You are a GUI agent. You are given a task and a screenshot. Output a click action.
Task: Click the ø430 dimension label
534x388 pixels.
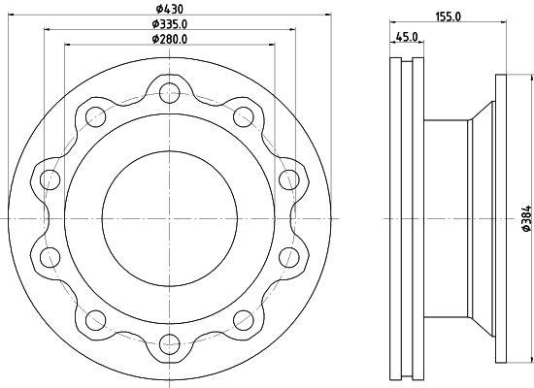pos(170,9)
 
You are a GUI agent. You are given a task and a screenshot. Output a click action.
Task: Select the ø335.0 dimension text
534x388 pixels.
pos(170,24)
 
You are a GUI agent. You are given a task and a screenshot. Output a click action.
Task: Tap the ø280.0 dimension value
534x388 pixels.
pos(170,39)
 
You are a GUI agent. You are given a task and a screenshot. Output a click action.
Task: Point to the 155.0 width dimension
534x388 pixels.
pos(448,16)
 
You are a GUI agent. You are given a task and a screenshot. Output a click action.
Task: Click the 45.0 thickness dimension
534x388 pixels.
pos(408,37)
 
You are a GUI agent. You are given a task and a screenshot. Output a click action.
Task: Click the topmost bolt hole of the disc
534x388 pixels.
pos(170,93)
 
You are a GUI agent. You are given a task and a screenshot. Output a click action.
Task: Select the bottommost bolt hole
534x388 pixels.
pos(170,344)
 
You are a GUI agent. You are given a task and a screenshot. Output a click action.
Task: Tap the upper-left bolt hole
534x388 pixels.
pos(96,116)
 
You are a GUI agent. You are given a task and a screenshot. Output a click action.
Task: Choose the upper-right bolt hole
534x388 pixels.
pos(244,116)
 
